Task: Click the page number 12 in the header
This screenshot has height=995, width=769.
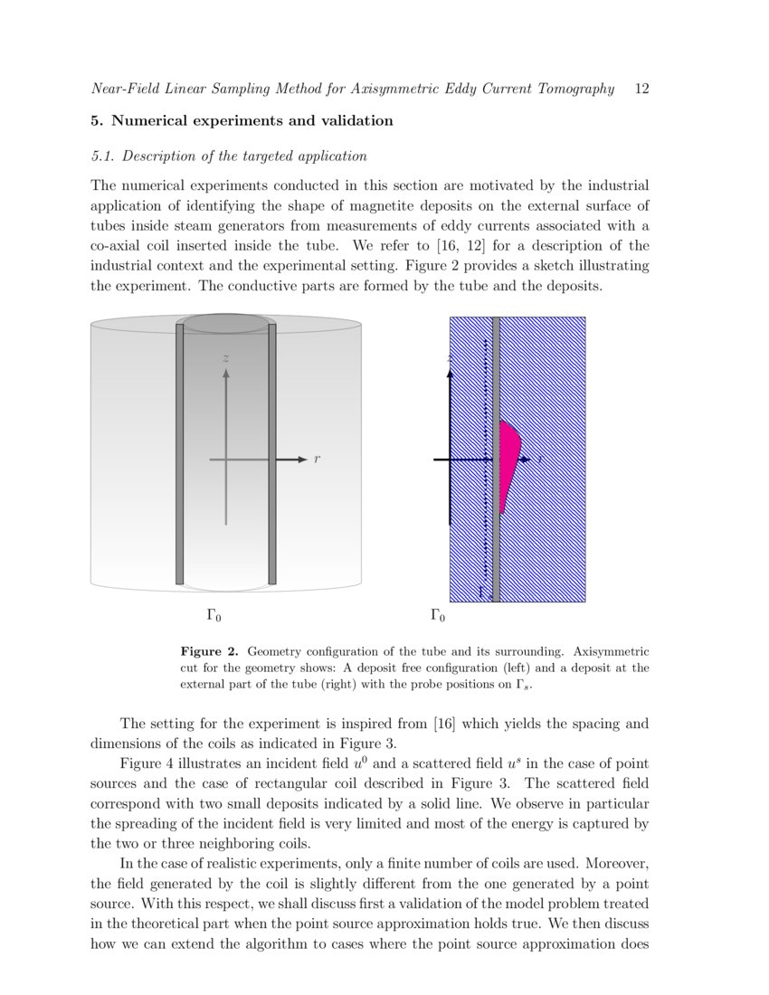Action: (x=643, y=89)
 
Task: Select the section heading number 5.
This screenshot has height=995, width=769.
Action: (x=95, y=120)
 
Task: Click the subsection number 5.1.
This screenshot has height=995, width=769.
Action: (x=104, y=156)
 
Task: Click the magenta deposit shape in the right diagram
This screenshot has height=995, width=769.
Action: (x=508, y=457)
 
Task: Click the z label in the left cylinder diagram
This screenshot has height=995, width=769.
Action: (x=226, y=359)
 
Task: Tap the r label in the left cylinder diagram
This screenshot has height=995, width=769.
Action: (x=317, y=460)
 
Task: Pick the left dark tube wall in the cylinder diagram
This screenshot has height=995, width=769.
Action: (x=179, y=452)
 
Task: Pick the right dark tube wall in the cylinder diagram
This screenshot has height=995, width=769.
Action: (x=272, y=452)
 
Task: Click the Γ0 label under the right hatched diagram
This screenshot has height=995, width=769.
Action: (x=437, y=617)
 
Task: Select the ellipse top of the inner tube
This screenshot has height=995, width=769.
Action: (x=226, y=324)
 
